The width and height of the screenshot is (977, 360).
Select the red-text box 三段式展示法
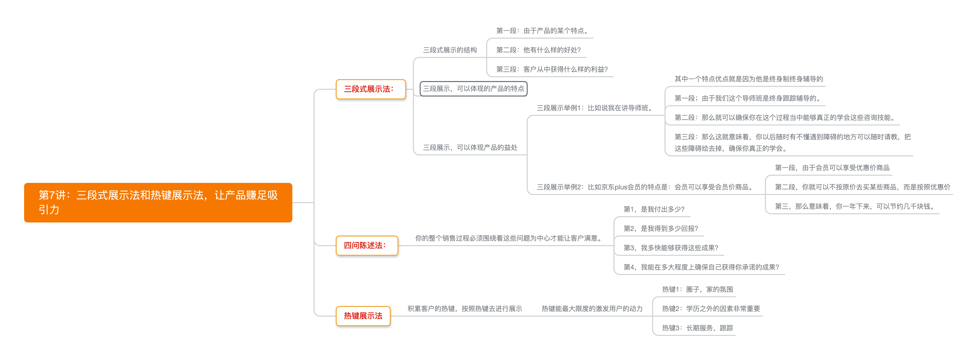coord(370,89)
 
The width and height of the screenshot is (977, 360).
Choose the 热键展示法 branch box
coord(363,316)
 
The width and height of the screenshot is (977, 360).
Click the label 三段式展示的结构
coord(450,50)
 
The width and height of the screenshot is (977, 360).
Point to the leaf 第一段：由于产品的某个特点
coord(542,31)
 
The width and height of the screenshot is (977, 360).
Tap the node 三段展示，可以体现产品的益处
coord(470,148)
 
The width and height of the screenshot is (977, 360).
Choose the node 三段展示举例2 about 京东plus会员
coord(645,187)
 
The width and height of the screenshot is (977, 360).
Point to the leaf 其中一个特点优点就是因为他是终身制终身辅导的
coord(748,79)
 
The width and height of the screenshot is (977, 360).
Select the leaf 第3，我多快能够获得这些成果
coord(671,248)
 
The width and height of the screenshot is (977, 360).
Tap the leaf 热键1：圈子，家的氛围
coord(697,290)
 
